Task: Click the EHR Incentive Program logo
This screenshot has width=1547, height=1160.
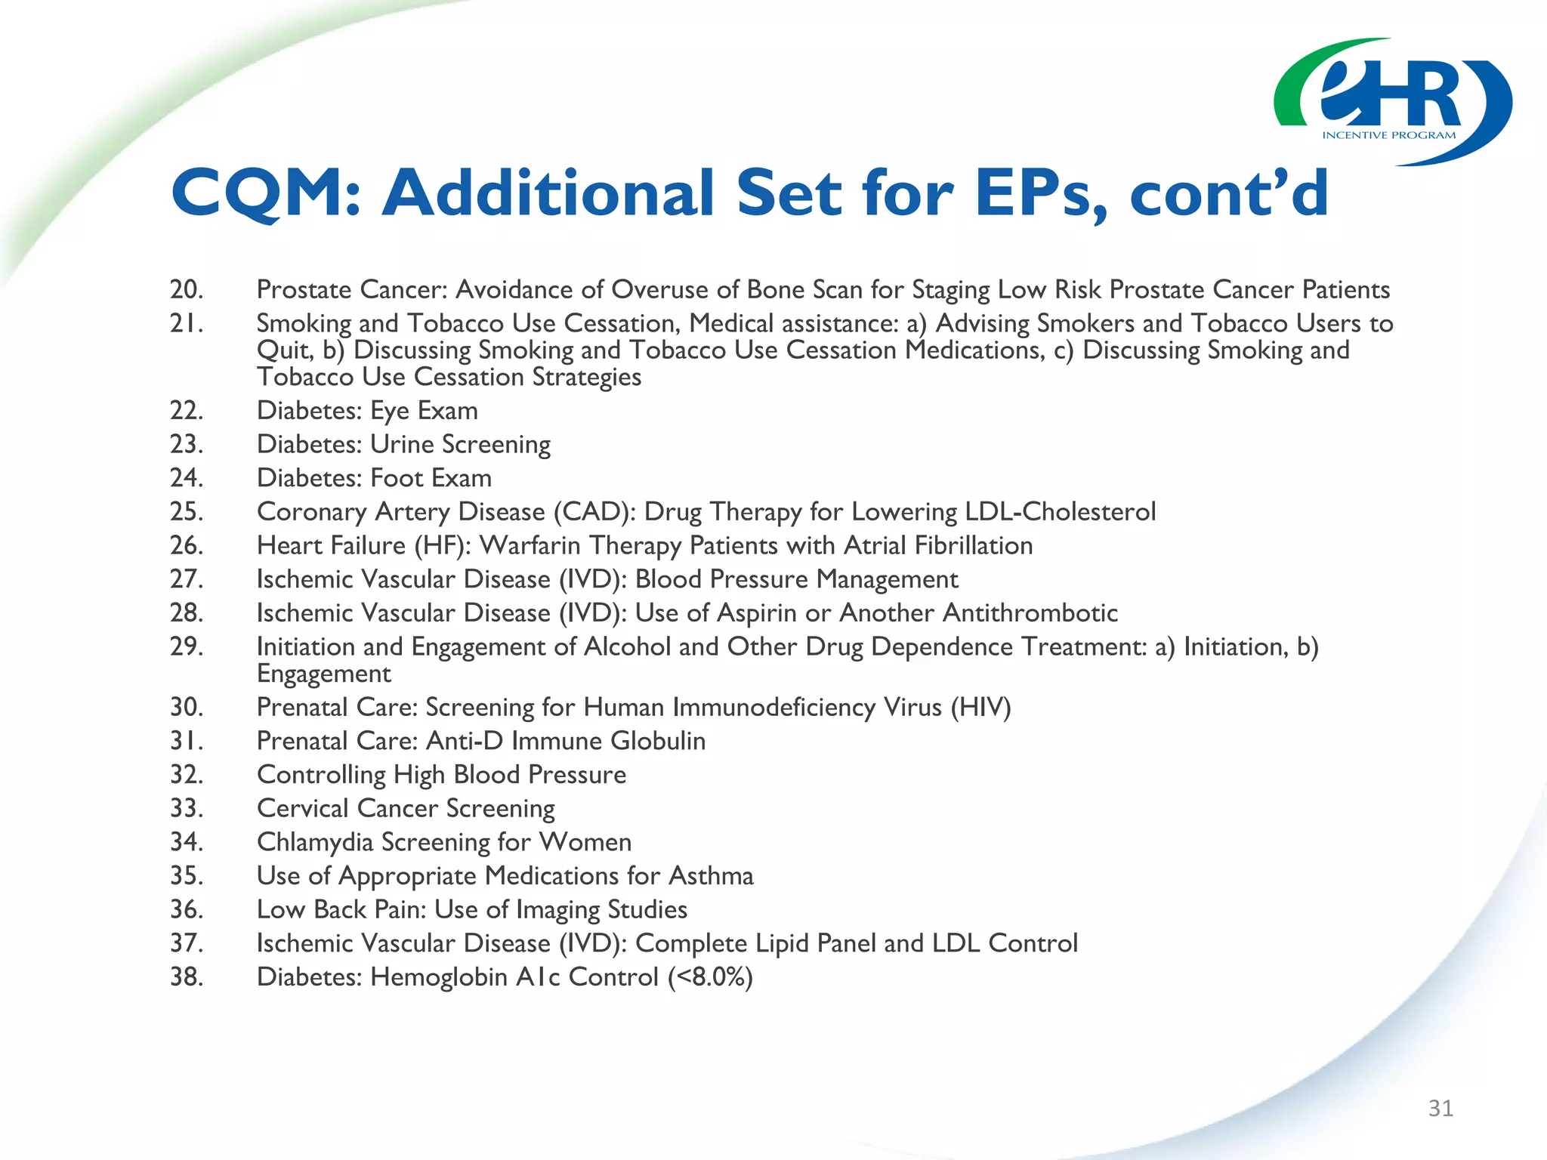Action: [1392, 102]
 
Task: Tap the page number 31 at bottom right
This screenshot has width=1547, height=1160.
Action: [1440, 1108]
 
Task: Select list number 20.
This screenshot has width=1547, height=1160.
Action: [186, 289]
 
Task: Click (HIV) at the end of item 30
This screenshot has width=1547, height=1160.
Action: [980, 708]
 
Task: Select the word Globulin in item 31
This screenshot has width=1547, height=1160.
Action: [658, 741]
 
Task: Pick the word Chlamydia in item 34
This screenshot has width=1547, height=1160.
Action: [315, 842]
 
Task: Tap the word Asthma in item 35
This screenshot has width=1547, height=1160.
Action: [711, 876]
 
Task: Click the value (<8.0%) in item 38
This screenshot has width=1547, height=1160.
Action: [710, 977]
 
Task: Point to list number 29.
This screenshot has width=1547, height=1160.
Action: [186, 646]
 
